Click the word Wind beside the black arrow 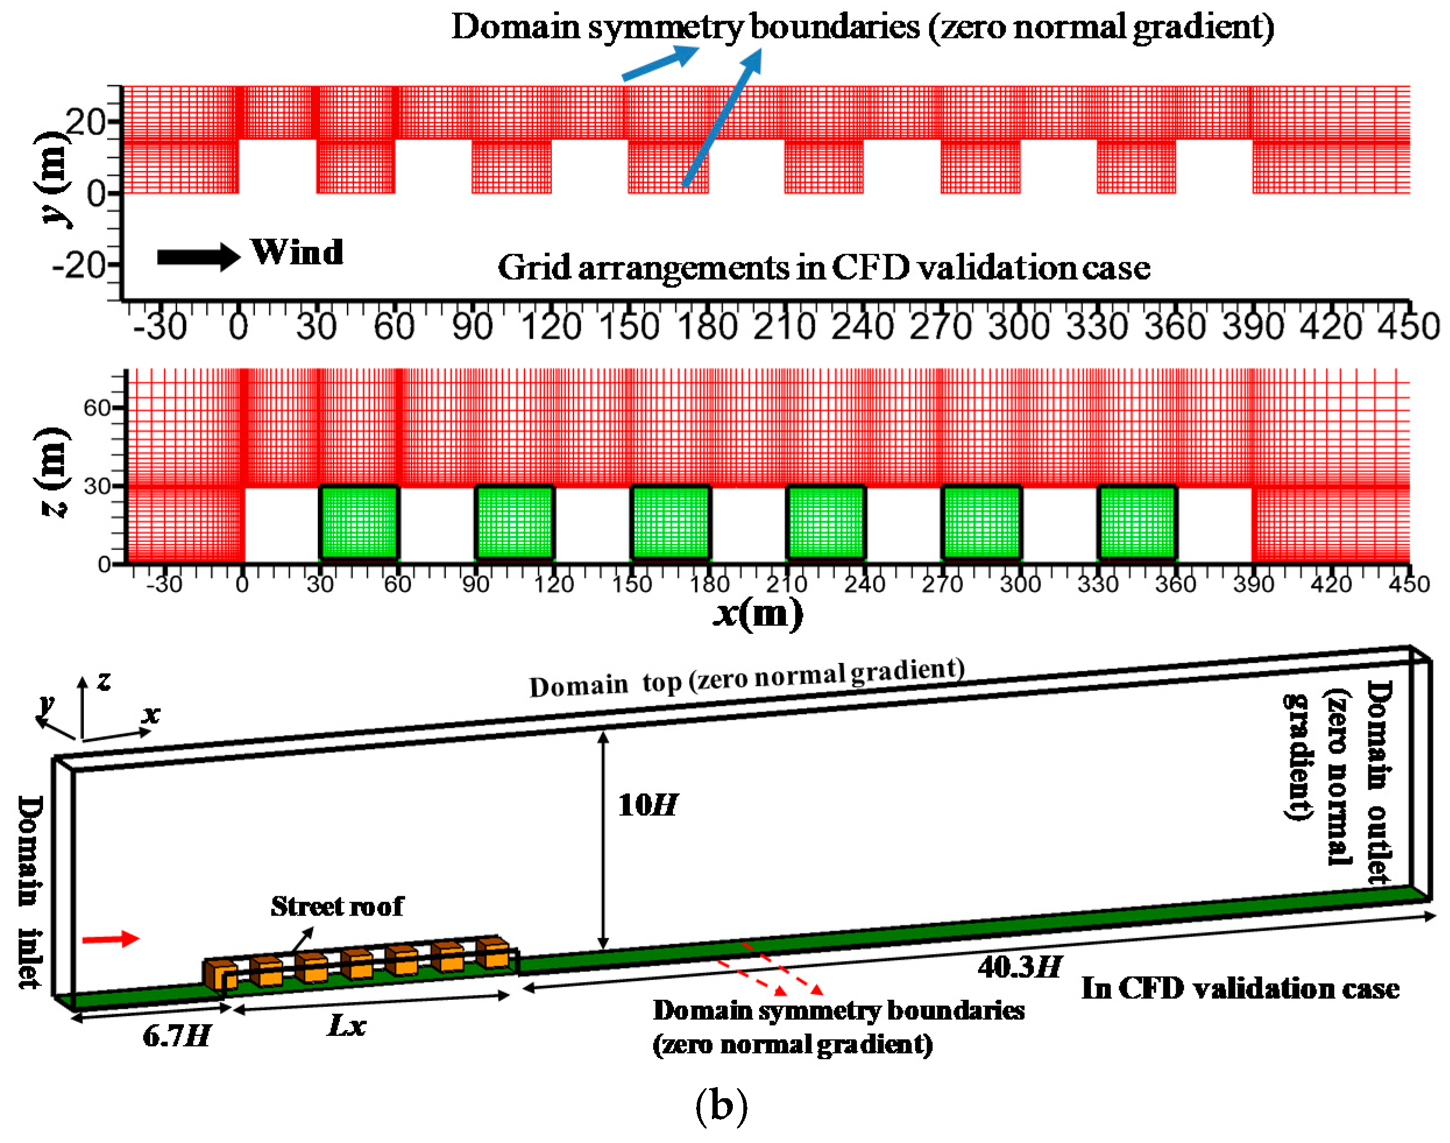point(297,253)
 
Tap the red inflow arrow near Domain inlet point(111,939)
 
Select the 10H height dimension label point(647,805)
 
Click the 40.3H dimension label point(1019,968)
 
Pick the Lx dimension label point(347,1025)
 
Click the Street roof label point(336,907)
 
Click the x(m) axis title point(758,613)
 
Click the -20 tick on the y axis point(87,267)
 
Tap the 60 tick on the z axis point(97,407)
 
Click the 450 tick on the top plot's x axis point(1409,327)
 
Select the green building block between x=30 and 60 point(360,522)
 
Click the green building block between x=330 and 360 point(1137,522)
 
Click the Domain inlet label point(30,892)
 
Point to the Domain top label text point(746,678)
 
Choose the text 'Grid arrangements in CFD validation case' point(824,268)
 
